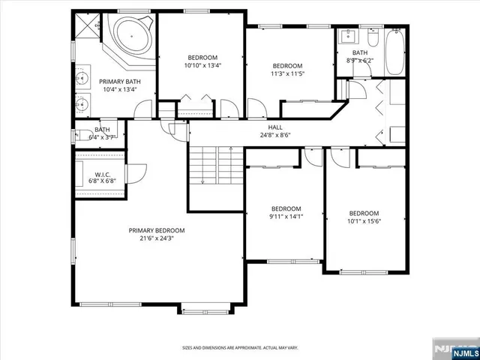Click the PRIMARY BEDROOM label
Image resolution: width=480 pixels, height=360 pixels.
(156, 230)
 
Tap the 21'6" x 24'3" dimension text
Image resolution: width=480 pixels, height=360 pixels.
(156, 238)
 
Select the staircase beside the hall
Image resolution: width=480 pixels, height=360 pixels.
(214, 164)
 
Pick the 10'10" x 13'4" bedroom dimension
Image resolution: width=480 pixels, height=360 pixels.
(202, 65)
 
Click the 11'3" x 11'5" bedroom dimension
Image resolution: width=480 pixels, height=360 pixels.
(287, 74)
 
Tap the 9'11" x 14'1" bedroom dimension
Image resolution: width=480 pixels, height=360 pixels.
(286, 217)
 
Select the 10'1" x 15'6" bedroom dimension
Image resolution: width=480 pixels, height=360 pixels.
(364, 220)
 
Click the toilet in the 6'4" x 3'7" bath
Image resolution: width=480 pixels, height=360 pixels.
(79, 135)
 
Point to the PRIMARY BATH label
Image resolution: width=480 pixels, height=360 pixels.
(121, 82)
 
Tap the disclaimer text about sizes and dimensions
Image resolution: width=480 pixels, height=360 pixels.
(239, 347)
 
